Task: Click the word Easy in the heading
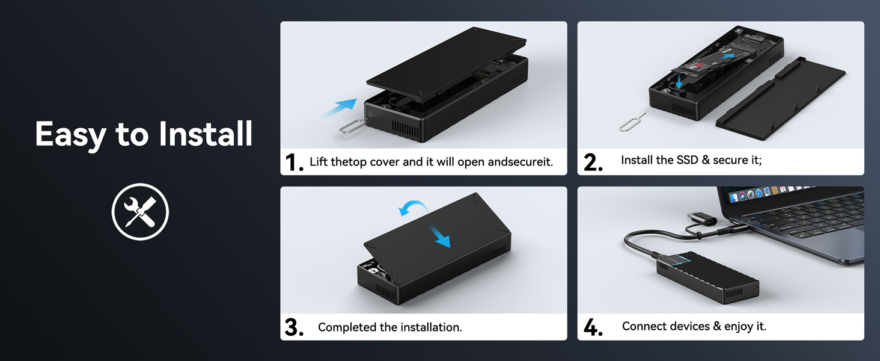[x=70, y=134]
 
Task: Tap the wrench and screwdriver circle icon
[x=140, y=212]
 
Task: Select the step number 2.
[x=593, y=162]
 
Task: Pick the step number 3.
[x=293, y=327]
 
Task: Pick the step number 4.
[x=593, y=327]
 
